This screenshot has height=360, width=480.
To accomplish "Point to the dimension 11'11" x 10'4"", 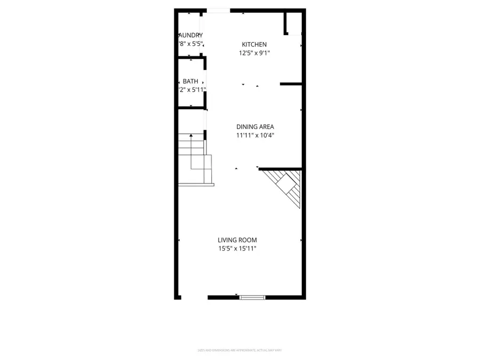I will click(x=255, y=135).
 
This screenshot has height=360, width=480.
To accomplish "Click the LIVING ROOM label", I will click(x=237, y=240).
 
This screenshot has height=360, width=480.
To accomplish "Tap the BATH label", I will click(x=190, y=81).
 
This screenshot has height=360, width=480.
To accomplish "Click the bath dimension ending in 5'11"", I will click(x=191, y=90).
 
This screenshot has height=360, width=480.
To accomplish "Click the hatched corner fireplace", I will click(x=285, y=187).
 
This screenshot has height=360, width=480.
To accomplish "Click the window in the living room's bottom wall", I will click(x=252, y=297).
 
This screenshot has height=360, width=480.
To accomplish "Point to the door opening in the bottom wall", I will click(x=194, y=297).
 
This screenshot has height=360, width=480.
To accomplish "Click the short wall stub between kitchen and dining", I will click(x=291, y=84).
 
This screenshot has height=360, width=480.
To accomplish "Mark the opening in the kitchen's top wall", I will click(x=218, y=10).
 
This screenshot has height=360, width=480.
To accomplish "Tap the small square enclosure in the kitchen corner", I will click(x=293, y=23).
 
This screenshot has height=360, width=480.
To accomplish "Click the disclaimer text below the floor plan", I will click(x=240, y=350).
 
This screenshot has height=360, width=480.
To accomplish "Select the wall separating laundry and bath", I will click(x=191, y=58).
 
